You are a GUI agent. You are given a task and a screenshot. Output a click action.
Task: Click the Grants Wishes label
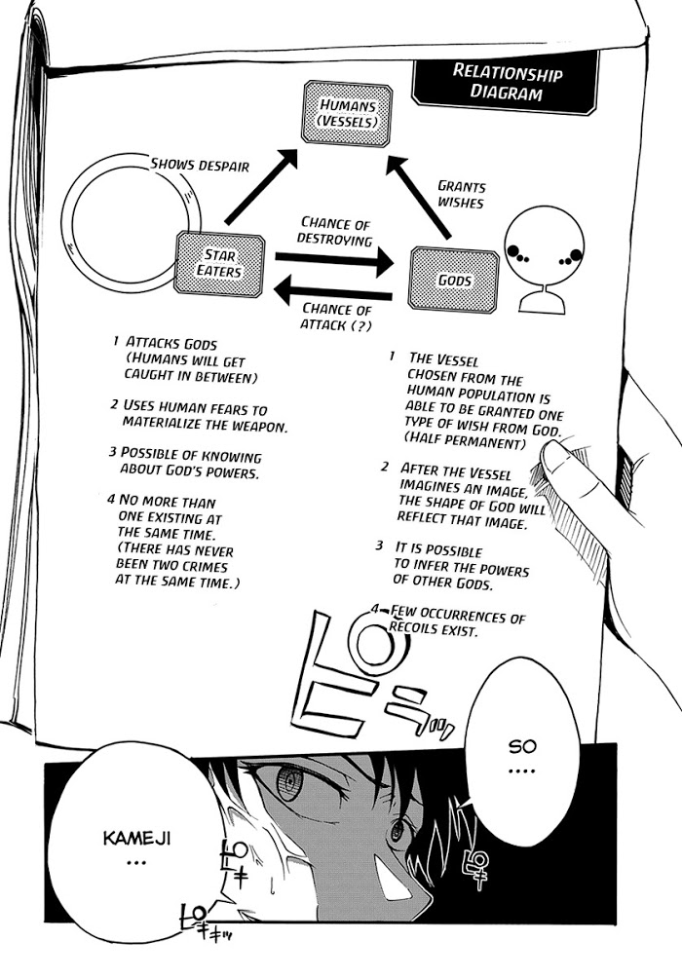(461, 194)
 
